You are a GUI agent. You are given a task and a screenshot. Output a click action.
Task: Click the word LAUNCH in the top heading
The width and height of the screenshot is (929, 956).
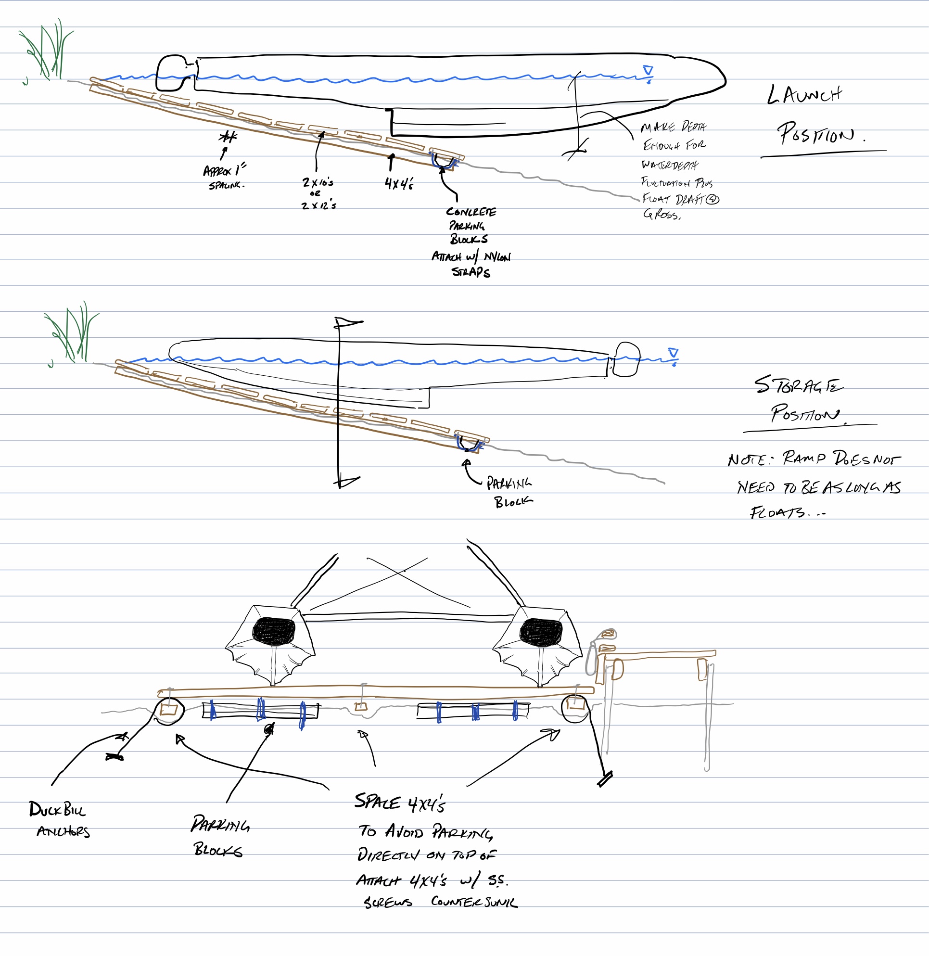click(x=804, y=94)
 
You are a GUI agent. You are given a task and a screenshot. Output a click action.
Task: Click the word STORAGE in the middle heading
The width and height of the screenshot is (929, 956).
click(x=798, y=385)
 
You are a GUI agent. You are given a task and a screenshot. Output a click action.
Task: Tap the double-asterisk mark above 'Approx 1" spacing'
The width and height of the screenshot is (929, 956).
click(x=228, y=137)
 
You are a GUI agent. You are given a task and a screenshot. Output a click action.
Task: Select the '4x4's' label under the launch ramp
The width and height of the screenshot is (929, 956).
click(x=399, y=183)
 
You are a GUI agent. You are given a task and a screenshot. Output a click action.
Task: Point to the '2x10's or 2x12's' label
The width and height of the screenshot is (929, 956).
click(x=318, y=193)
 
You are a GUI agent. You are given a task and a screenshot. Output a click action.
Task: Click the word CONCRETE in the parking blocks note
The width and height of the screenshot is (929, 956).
click(x=471, y=212)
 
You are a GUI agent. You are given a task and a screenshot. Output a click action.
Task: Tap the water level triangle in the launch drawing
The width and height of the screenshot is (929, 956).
click(x=648, y=71)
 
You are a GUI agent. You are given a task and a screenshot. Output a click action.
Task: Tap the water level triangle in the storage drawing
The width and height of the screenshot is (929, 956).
click(x=674, y=353)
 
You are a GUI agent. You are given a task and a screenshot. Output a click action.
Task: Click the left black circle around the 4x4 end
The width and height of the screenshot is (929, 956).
click(x=169, y=712)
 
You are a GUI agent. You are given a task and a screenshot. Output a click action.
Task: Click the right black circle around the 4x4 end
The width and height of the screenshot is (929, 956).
click(x=576, y=709)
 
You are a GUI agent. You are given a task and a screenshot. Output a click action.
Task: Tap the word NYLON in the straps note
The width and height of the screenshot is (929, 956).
click(x=497, y=257)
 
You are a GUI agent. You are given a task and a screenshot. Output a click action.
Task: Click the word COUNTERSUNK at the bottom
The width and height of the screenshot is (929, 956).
click(x=473, y=902)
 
